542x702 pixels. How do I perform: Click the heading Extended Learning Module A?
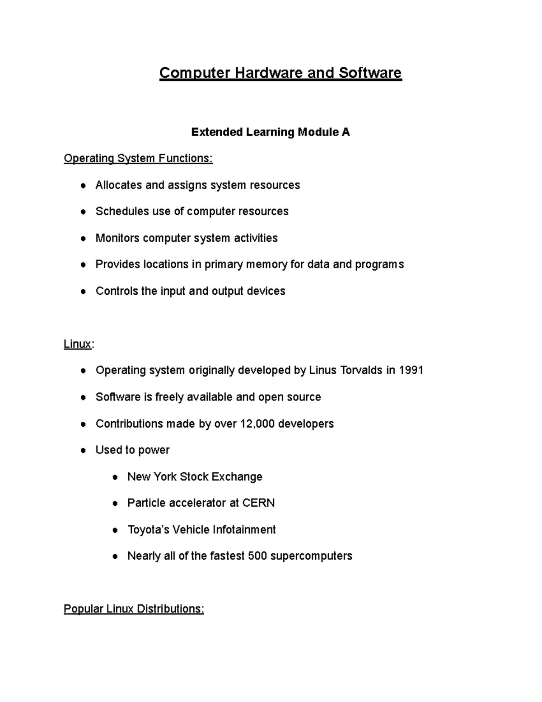[270, 132]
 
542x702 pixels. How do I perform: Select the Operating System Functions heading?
[138, 158]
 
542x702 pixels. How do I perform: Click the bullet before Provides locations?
[83, 265]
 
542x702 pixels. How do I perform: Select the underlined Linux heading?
[77, 344]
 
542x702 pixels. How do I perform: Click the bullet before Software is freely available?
[83, 398]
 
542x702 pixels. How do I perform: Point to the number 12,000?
[257, 424]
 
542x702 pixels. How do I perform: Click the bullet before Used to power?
[83, 451]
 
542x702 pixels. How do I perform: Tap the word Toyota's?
[147, 530]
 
